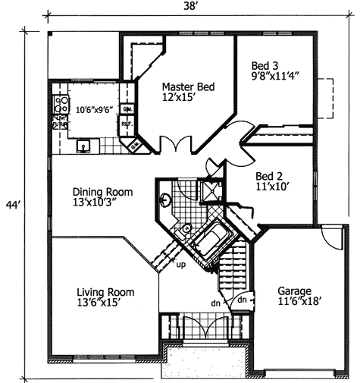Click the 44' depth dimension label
point(11,206)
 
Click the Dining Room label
point(103,193)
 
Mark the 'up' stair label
point(180,265)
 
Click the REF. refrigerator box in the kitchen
point(127,124)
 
